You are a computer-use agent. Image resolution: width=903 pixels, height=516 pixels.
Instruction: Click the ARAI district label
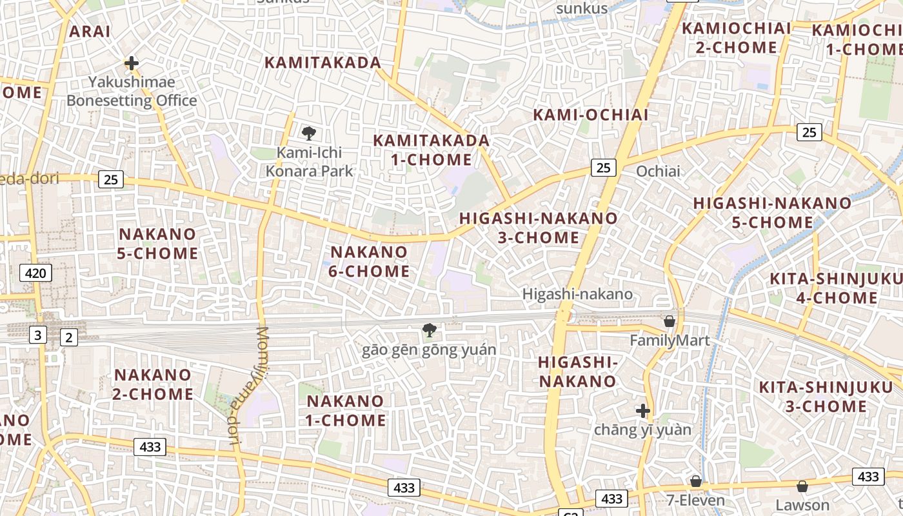(90, 31)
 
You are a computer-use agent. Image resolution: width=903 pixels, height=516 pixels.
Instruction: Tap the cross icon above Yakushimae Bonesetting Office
(132, 63)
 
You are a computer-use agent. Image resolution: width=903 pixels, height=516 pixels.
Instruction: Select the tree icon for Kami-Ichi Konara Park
(309, 134)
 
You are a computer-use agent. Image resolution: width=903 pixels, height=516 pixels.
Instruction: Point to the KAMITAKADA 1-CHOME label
(431, 150)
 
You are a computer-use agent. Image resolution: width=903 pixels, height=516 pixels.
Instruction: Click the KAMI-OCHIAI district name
(590, 115)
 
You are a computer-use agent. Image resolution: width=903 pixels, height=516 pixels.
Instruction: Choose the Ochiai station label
(658, 171)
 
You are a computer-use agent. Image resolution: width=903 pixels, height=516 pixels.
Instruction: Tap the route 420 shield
(35, 273)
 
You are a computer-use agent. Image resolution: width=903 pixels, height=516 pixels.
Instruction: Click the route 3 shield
(38, 335)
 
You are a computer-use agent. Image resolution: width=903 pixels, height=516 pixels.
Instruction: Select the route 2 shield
(68, 337)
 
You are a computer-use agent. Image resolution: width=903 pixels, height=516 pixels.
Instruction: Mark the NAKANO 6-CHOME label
(369, 261)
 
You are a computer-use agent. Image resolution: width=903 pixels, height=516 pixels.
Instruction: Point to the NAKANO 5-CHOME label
(157, 243)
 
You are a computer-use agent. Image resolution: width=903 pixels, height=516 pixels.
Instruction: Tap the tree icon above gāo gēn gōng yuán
(429, 330)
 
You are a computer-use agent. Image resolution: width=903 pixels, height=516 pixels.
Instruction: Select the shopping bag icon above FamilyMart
(670, 321)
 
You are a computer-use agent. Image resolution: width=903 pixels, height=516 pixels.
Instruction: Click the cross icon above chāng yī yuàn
(642, 410)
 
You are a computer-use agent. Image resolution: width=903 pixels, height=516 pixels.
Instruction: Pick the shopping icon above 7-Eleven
(695, 481)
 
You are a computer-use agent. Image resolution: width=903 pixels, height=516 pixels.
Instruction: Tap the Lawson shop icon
(802, 486)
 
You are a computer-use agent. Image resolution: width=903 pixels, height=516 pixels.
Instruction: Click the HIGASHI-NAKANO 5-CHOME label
(772, 212)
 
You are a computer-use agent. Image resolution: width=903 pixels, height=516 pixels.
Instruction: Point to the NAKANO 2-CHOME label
(153, 384)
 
